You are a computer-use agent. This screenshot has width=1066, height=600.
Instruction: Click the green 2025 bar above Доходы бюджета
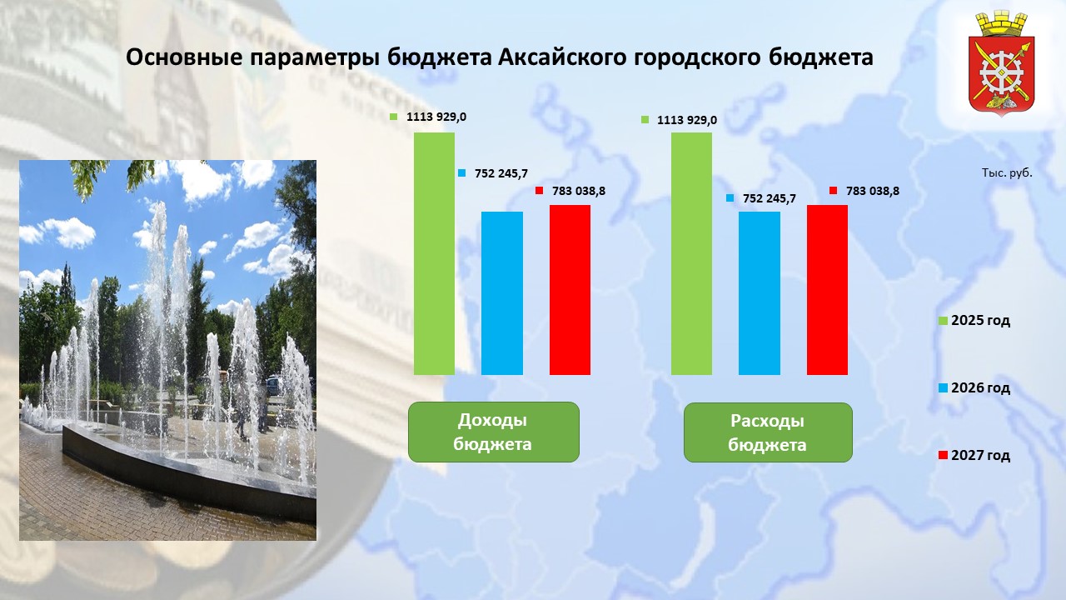click(434, 253)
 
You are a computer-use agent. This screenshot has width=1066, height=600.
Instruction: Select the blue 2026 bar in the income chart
click(502, 292)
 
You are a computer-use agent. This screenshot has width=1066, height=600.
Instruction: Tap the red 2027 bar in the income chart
click(570, 289)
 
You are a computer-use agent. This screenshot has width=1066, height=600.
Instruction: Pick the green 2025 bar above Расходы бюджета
click(691, 253)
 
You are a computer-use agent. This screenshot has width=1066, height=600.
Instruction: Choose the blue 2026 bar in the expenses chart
click(760, 292)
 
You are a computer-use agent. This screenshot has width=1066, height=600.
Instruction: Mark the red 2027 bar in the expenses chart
click(827, 289)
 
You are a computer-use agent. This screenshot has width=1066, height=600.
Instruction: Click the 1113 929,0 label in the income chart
click(436, 117)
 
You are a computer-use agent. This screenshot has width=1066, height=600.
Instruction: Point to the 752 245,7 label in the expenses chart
click(769, 198)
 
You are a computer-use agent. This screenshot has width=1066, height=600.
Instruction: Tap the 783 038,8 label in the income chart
click(579, 191)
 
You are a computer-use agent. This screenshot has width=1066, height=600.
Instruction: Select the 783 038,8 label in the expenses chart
click(873, 191)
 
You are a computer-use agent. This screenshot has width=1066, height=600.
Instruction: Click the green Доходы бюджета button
click(494, 432)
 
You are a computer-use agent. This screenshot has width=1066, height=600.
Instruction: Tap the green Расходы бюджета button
click(768, 432)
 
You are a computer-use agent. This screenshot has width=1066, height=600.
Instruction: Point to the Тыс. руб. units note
click(1007, 172)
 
